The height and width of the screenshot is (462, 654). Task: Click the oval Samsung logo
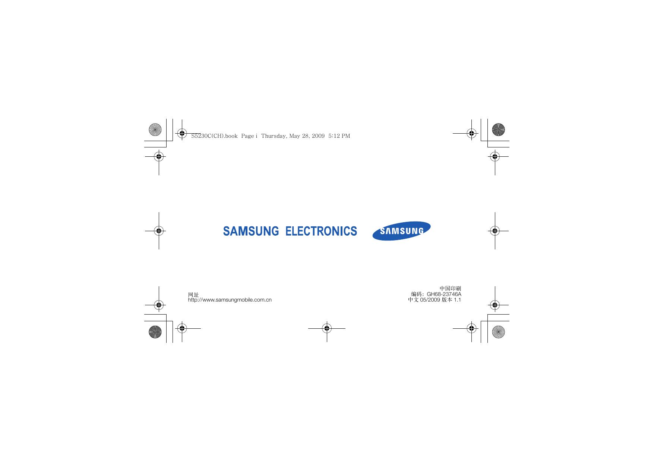401,231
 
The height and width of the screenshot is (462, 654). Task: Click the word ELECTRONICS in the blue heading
321,231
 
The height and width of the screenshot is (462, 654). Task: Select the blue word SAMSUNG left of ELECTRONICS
251,231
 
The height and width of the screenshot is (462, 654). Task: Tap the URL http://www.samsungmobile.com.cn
230,300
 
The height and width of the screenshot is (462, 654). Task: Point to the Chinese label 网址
193,294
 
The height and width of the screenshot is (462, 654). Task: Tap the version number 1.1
457,300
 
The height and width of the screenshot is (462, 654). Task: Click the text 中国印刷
450,289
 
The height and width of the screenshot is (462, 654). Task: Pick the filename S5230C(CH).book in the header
214,136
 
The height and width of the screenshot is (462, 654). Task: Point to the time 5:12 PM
339,136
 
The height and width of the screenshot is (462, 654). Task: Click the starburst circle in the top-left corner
155,129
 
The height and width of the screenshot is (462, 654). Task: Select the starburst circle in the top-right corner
498,129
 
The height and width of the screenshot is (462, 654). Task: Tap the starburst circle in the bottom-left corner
155,332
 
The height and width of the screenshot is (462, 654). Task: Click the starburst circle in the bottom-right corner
498,332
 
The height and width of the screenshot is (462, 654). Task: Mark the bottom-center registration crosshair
327,328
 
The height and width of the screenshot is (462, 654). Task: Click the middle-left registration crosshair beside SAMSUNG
159,231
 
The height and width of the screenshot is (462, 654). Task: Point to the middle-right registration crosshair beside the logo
495,231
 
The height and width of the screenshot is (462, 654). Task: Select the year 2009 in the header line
318,136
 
